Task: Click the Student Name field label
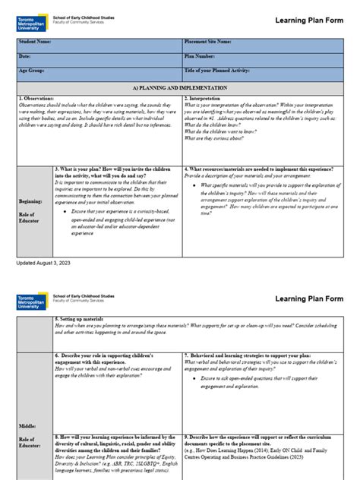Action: pos(36,42)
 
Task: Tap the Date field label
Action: pos(25,56)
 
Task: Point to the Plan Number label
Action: pos(201,56)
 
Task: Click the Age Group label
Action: pos(32,71)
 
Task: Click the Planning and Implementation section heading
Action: pos(180,87)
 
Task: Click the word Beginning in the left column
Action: pos(31,201)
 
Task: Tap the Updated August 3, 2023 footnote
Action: pos(48,262)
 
